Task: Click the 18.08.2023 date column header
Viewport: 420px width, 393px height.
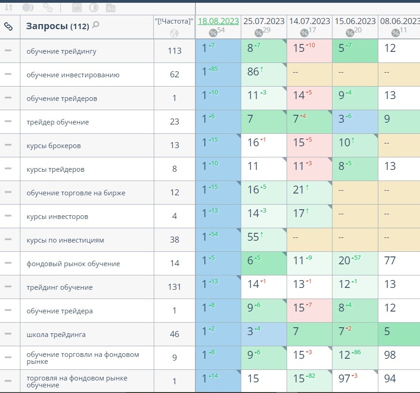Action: (218, 21)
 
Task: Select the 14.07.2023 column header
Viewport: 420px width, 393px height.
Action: (309, 21)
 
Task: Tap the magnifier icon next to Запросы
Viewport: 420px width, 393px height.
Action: (96, 25)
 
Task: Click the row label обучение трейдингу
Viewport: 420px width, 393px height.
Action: (62, 51)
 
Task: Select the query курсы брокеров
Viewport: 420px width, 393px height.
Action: (54, 146)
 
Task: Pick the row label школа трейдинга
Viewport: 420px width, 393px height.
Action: (56, 335)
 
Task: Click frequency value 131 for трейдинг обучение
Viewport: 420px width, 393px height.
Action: (174, 287)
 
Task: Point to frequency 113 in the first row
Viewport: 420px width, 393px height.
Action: (174, 51)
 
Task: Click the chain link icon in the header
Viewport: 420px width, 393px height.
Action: (8, 26)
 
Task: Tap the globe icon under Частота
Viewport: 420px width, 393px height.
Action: (174, 33)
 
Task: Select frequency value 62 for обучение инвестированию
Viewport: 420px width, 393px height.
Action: (174, 75)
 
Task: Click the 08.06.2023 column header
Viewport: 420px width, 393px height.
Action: (400, 21)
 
